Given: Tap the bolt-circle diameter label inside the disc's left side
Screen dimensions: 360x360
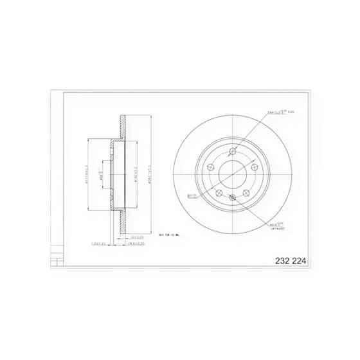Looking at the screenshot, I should [192, 197].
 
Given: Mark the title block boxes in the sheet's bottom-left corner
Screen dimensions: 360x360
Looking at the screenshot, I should [57, 258].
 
